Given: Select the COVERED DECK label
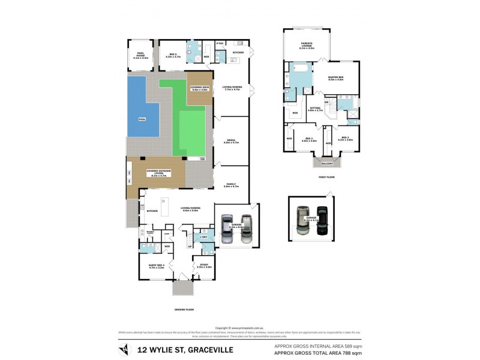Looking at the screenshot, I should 199,89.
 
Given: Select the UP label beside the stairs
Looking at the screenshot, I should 190,246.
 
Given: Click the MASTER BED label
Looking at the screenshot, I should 335,78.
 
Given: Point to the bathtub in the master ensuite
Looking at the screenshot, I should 299,80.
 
